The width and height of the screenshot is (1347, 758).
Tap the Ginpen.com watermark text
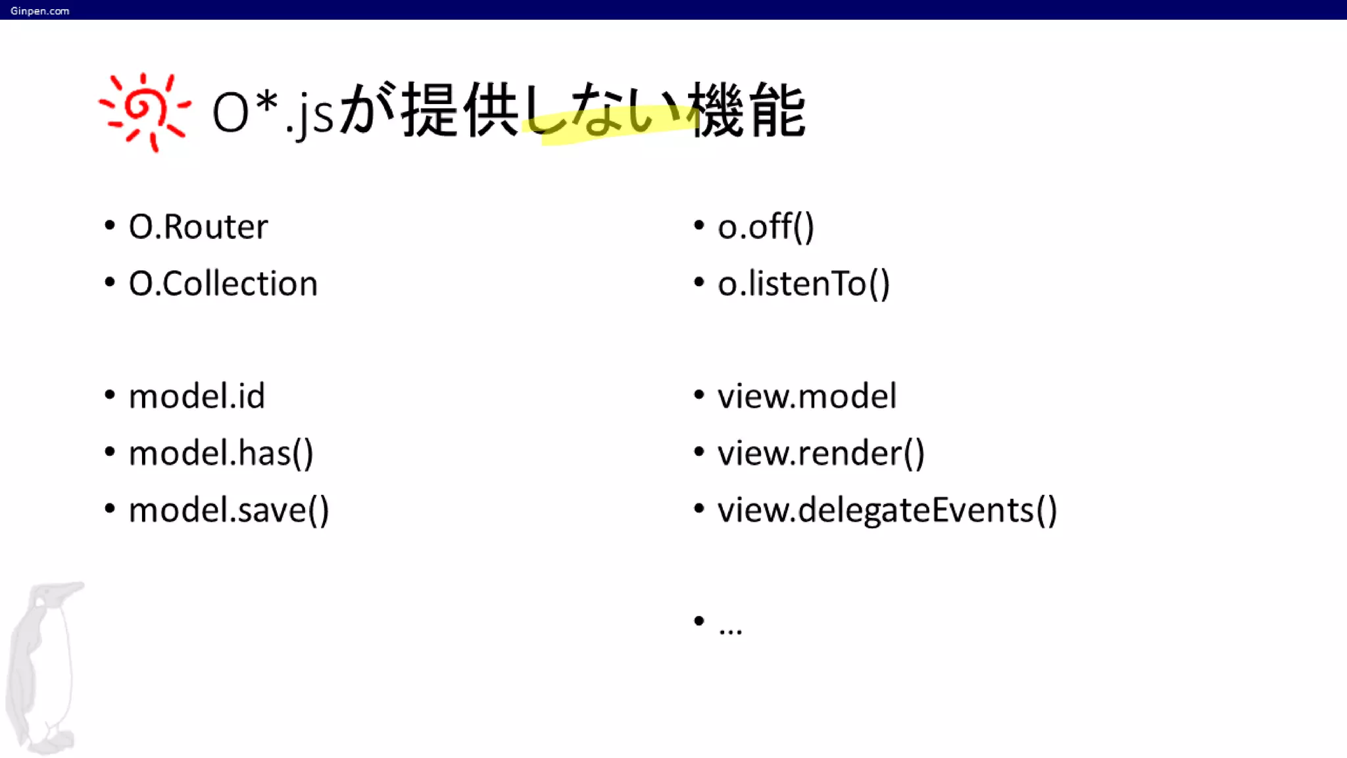(x=39, y=11)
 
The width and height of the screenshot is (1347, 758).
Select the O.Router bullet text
(x=198, y=227)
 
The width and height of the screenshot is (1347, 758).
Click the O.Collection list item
(x=223, y=284)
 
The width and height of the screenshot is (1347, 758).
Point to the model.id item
(x=197, y=396)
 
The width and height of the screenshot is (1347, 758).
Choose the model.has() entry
(x=221, y=453)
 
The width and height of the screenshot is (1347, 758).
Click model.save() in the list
(x=229, y=510)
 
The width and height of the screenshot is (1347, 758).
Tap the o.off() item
(x=766, y=227)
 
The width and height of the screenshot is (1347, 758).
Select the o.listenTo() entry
(x=803, y=284)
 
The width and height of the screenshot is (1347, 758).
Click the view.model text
(x=806, y=396)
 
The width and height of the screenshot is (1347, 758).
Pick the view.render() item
(x=821, y=453)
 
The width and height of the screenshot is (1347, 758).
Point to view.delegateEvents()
(x=887, y=510)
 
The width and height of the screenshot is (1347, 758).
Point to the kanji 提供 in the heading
(x=460, y=111)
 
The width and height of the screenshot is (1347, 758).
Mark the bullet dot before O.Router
(x=110, y=226)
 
